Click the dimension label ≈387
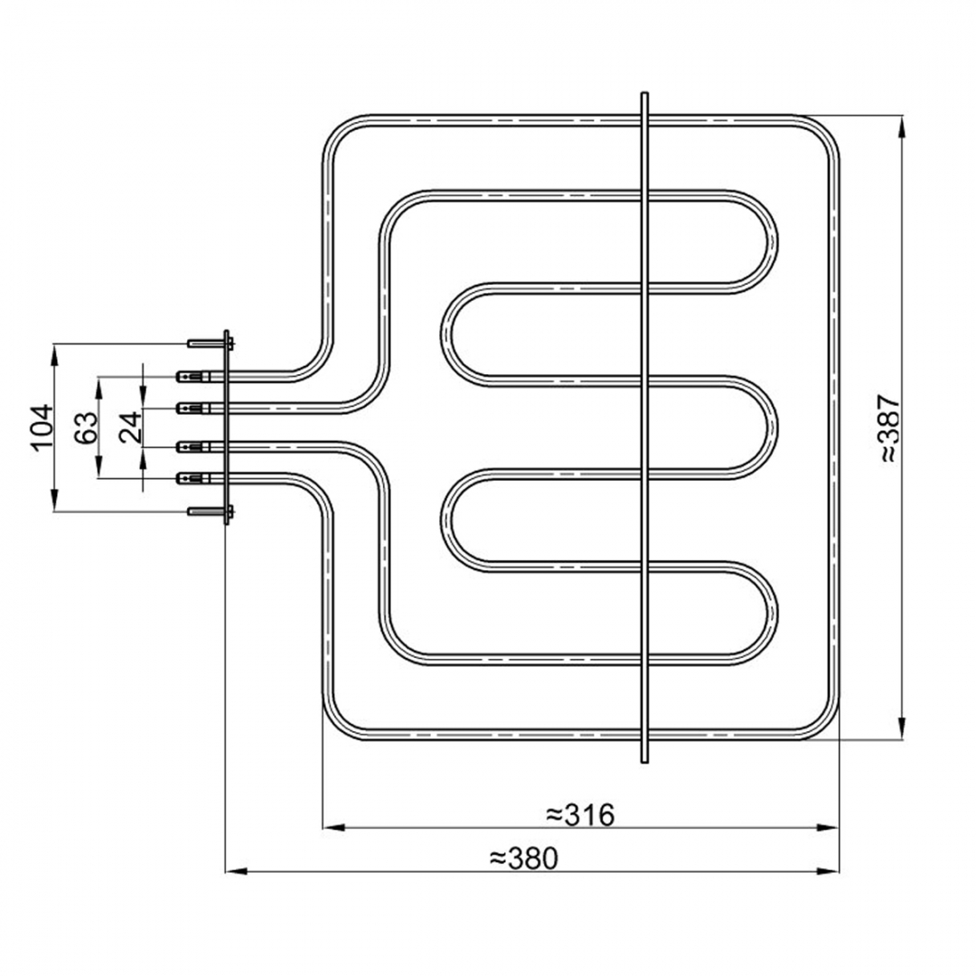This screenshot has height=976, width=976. click(x=890, y=427)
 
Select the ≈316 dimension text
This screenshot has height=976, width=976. click(x=580, y=813)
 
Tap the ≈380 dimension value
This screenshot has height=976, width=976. click(x=524, y=858)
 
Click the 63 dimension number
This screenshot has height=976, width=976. click(x=86, y=427)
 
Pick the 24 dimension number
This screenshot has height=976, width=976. click(x=131, y=427)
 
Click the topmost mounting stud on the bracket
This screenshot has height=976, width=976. click(x=210, y=343)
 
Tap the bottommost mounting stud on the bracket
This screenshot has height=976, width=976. click(x=210, y=511)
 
